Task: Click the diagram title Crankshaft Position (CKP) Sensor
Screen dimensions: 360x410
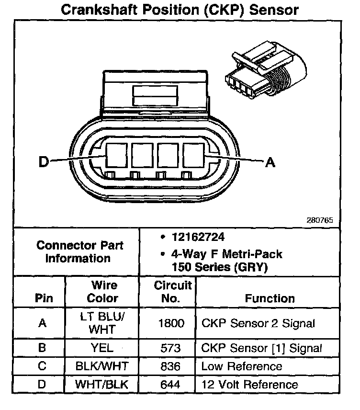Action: coord(180,10)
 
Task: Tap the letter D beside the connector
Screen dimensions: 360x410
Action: coord(44,162)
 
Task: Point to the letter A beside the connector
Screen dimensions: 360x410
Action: coord(270,163)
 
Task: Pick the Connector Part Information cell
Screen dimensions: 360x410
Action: coord(80,252)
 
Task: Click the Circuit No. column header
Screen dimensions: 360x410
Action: coord(173,292)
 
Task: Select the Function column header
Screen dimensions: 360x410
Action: coord(270,298)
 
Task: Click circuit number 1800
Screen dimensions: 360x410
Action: coord(171,324)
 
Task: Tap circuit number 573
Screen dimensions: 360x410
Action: coord(171,348)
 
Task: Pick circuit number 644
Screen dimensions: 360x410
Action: coord(171,385)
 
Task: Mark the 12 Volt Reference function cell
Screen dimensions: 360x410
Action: coord(250,385)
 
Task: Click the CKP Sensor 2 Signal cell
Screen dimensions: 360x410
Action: coord(258,324)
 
